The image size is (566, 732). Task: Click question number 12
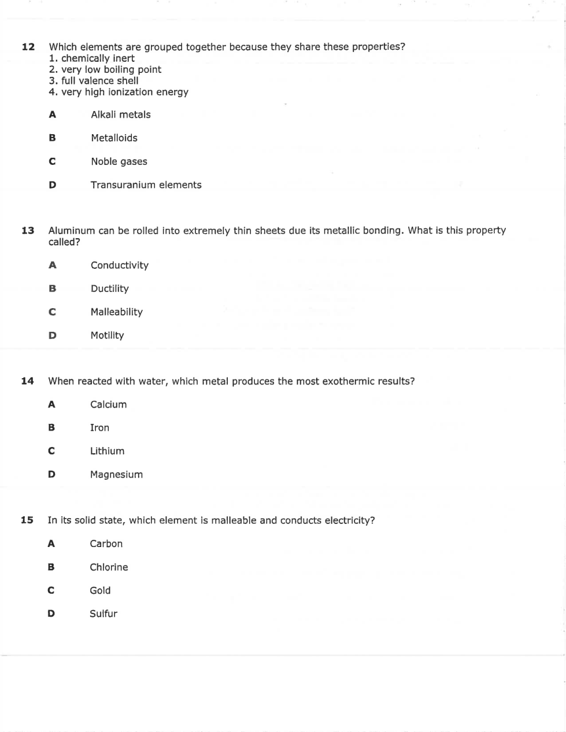pos(28,47)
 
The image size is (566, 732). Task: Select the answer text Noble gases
pos(119,162)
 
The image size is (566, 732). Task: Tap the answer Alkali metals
pos(120,114)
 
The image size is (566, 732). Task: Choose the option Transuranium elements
pos(146,185)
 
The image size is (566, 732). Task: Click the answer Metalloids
pos(114,138)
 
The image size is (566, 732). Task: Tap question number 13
pos(28,231)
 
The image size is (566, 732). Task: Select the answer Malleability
pos(116,312)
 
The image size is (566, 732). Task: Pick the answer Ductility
pos(109,289)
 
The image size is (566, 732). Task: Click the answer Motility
pos(107,335)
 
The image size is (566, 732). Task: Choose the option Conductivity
pos(119,265)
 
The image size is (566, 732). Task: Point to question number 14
pos(27,381)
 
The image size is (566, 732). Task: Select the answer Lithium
pos(107,451)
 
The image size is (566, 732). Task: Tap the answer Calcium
pos(108,405)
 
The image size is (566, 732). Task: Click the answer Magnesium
pos(116,475)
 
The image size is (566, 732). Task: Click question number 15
pos(27,520)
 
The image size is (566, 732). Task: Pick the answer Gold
pos(100,590)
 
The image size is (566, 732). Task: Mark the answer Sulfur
pos(103,614)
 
